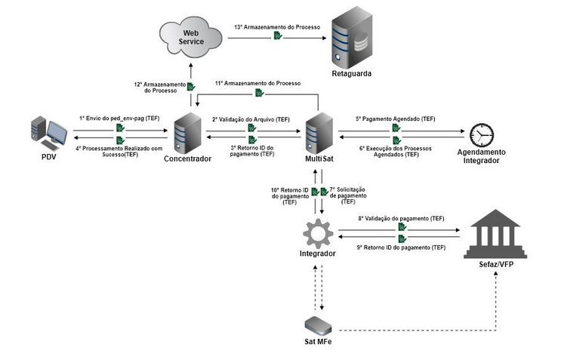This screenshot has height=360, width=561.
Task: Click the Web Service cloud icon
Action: click(x=190, y=35)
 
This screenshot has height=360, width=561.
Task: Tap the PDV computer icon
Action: click(x=48, y=134)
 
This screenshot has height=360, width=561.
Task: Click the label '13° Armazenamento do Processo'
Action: click(x=277, y=27)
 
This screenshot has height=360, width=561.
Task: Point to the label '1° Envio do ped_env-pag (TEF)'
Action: click(x=119, y=118)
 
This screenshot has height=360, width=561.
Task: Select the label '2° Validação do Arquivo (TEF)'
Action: click(x=251, y=119)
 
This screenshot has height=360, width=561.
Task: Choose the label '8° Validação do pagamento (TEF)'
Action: click(x=401, y=218)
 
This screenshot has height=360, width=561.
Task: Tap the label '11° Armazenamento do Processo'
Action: click(x=257, y=82)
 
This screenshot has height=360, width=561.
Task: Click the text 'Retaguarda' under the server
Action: click(x=353, y=73)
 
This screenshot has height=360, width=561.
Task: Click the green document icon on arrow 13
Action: click(x=278, y=36)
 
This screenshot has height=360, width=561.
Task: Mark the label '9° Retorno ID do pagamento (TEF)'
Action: click(x=401, y=247)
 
